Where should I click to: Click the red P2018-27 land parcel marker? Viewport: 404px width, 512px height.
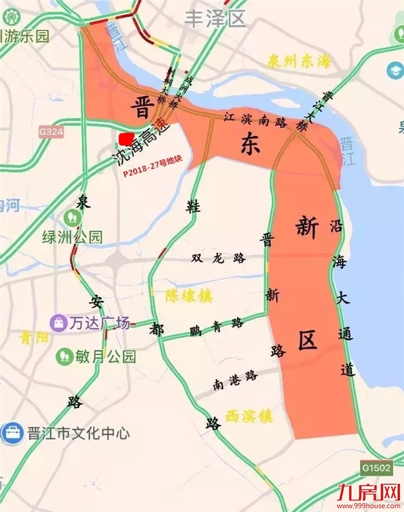[x=125, y=138]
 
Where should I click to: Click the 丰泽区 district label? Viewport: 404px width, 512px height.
[x=216, y=19]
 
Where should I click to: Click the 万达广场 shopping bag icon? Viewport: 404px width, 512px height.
[x=59, y=322]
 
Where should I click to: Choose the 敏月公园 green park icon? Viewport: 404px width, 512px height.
[x=64, y=355]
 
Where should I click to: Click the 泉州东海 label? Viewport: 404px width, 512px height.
[x=298, y=62]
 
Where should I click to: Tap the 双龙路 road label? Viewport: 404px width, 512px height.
[x=219, y=258]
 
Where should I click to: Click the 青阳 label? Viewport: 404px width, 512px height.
[x=34, y=337]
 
